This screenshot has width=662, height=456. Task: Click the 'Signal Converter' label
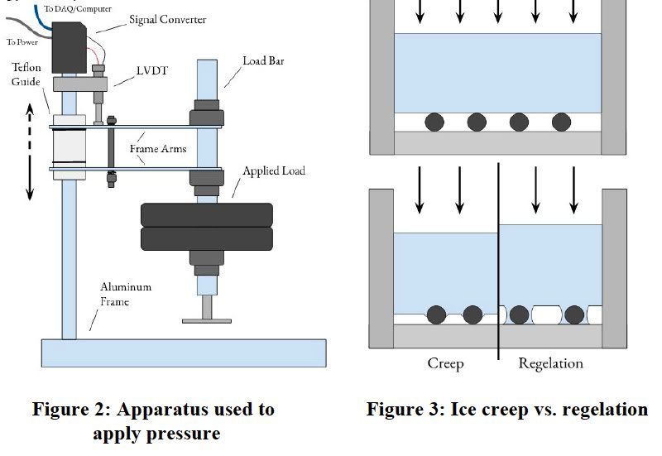(166, 19)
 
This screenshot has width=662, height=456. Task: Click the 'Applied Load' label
(273, 170)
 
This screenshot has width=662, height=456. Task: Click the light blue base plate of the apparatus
(183, 353)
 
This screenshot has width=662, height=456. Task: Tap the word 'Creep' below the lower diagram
(445, 363)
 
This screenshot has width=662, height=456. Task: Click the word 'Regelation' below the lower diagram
(550, 363)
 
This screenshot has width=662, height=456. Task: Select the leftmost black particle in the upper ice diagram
(435, 122)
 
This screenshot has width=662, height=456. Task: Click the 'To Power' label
(22, 41)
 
